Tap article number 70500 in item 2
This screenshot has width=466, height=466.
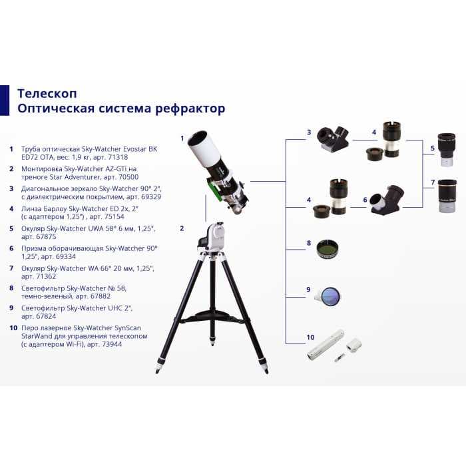coord(124,178)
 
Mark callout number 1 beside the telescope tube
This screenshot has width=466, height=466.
coord(182,138)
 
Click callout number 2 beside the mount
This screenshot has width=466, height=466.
coord(182,228)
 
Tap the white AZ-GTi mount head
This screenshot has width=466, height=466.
coord(214,237)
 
